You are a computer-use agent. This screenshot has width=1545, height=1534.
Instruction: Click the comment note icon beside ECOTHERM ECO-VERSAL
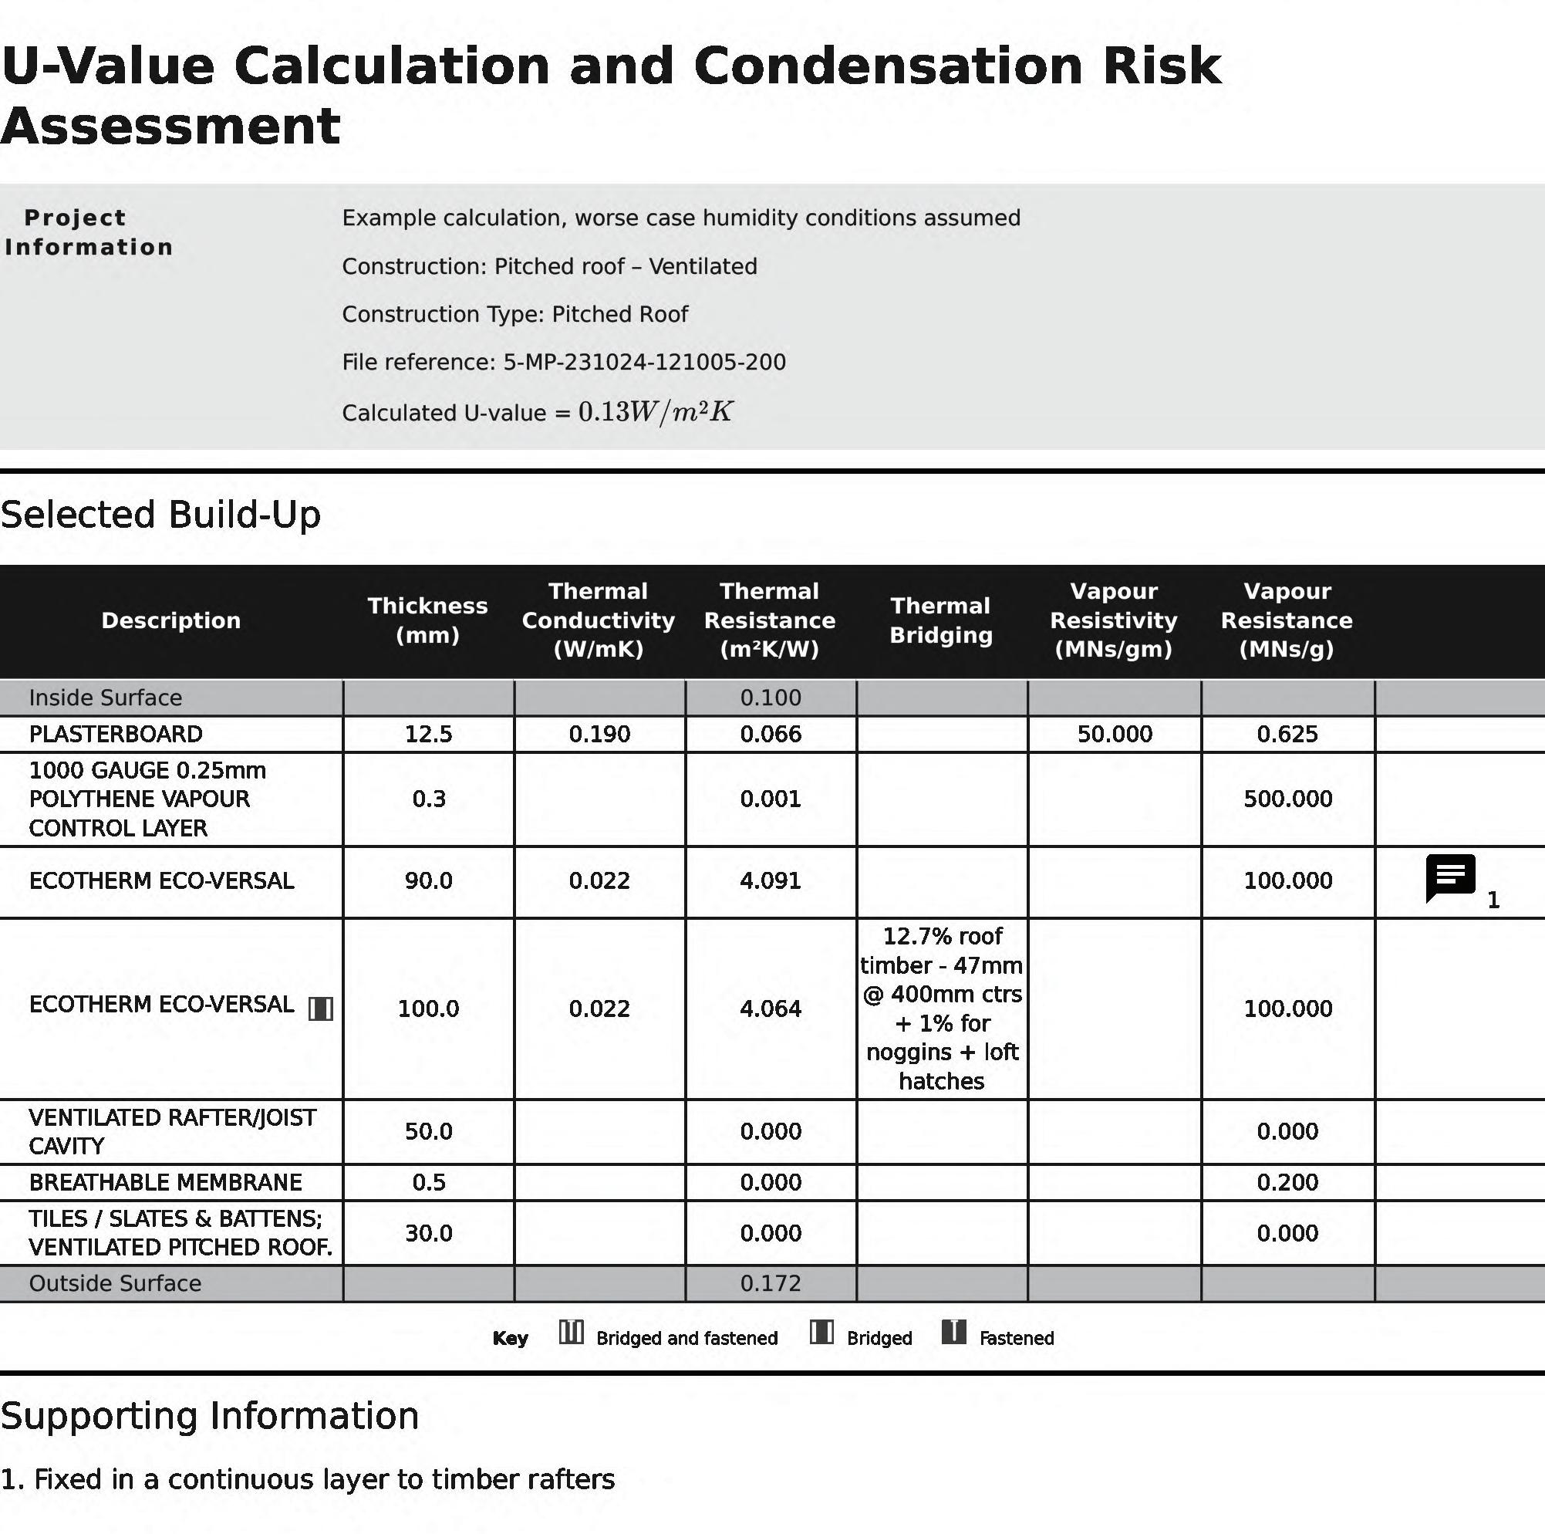[x=1450, y=877]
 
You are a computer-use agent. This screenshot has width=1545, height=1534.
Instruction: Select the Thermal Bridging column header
[x=940, y=620]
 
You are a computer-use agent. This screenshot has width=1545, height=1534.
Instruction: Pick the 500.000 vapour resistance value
[x=1287, y=798]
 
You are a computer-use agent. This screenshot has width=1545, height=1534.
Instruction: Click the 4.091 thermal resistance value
[x=770, y=880]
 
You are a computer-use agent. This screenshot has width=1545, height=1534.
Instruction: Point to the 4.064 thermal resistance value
[x=770, y=1008]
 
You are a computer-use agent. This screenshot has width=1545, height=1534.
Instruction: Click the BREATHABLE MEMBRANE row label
[x=166, y=1181]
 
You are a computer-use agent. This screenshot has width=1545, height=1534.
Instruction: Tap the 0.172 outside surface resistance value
[x=770, y=1283]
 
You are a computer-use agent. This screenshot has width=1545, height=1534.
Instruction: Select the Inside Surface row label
[x=106, y=698]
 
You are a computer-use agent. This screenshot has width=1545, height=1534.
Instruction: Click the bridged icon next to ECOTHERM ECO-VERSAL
[x=321, y=1009]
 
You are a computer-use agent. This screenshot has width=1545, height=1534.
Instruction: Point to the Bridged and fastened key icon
[x=571, y=1333]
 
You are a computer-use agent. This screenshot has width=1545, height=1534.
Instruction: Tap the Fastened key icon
[x=953, y=1333]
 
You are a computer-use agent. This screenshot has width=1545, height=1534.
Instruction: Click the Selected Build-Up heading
[x=160, y=514]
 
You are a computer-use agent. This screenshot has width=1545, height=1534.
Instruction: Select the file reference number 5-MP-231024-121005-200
[x=644, y=363]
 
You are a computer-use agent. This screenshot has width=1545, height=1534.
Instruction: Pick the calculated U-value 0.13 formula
[x=655, y=412]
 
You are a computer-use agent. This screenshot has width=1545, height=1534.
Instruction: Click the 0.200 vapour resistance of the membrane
[x=1287, y=1181]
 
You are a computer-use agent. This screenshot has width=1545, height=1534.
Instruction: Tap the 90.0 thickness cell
[x=428, y=880]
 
